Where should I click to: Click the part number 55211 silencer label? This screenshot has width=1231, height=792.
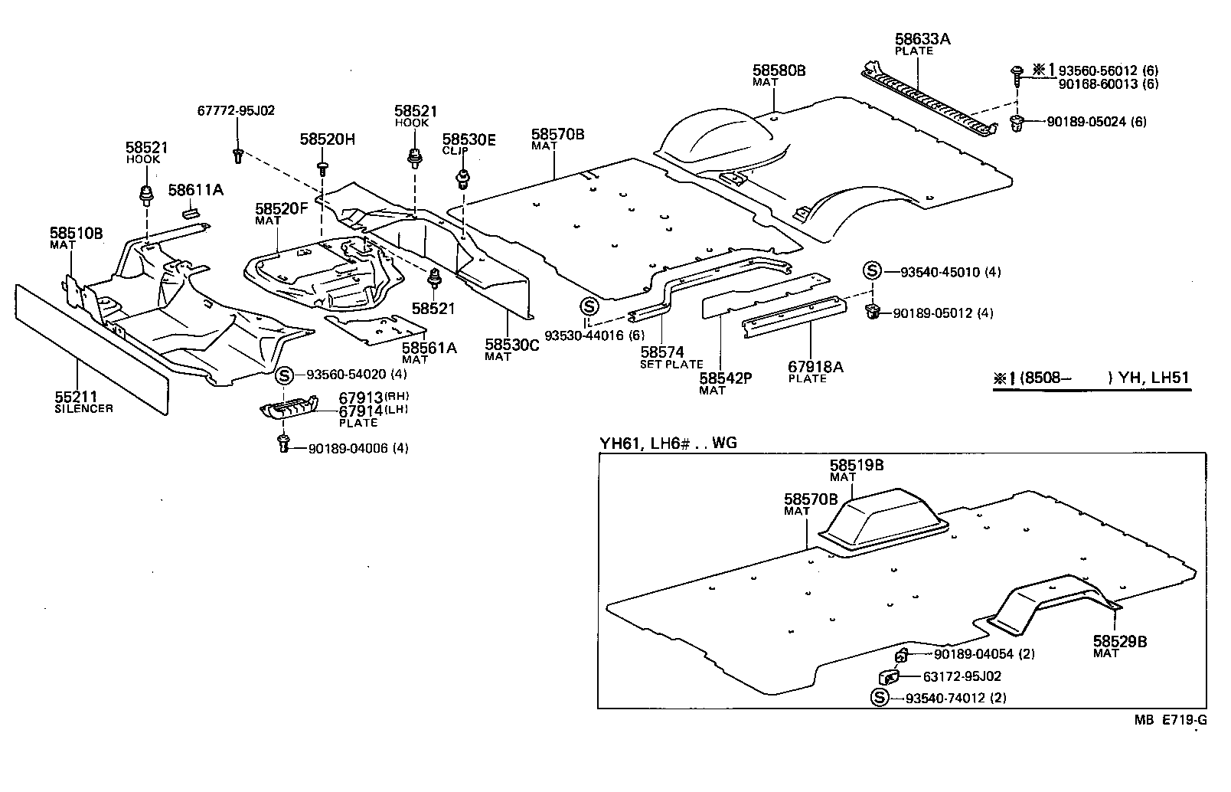point(75,397)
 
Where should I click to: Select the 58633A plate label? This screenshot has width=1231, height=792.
point(922,38)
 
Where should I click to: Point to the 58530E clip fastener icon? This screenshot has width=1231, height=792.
point(462,181)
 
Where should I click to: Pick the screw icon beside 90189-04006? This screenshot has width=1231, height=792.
point(284,442)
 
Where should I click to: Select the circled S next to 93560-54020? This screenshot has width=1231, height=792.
point(285,375)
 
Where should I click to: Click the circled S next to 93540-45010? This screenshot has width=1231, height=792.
point(872,272)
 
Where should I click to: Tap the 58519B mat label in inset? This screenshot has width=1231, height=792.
point(857,465)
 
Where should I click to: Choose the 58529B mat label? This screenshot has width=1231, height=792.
point(1119,642)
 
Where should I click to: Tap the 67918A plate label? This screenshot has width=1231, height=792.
point(815,368)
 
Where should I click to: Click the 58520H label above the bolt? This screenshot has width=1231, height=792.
point(327,139)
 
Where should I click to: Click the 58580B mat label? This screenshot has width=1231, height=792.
point(779,70)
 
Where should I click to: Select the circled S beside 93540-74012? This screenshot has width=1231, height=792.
point(880,698)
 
